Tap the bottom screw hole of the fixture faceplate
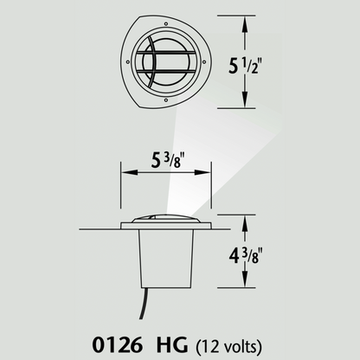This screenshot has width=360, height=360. (164, 102)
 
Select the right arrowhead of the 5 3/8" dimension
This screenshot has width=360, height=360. (209, 173)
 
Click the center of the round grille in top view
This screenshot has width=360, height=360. (160, 61)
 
